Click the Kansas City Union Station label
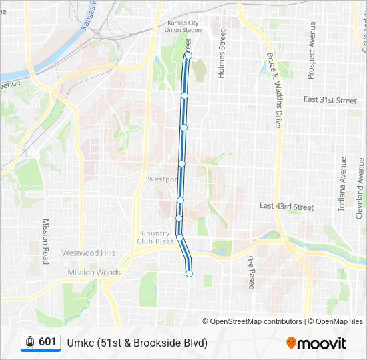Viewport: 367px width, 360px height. pos(183,26)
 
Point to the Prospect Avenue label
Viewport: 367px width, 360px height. pos(312,50)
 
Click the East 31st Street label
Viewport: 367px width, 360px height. pos(330,100)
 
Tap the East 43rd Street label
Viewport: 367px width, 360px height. pos(286,207)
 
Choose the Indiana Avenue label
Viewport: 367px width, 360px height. pos(343,184)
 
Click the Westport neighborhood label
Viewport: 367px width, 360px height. pos(162,179)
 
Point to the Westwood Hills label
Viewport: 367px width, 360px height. pos(89,253)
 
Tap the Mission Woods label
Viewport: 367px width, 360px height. pos(94,273)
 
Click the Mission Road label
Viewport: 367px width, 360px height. pos(46,241)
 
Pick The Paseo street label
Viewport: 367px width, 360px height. pos(250,271)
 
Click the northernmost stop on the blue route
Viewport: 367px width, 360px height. pos(188,56)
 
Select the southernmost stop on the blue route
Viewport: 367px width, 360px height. pos(189,273)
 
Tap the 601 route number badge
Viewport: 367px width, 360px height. pos(47,342)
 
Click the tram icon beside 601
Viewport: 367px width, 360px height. pos(30,343)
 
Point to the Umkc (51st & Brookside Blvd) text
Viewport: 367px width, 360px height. pos(137,343)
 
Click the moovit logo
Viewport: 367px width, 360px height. pos(316,343)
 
